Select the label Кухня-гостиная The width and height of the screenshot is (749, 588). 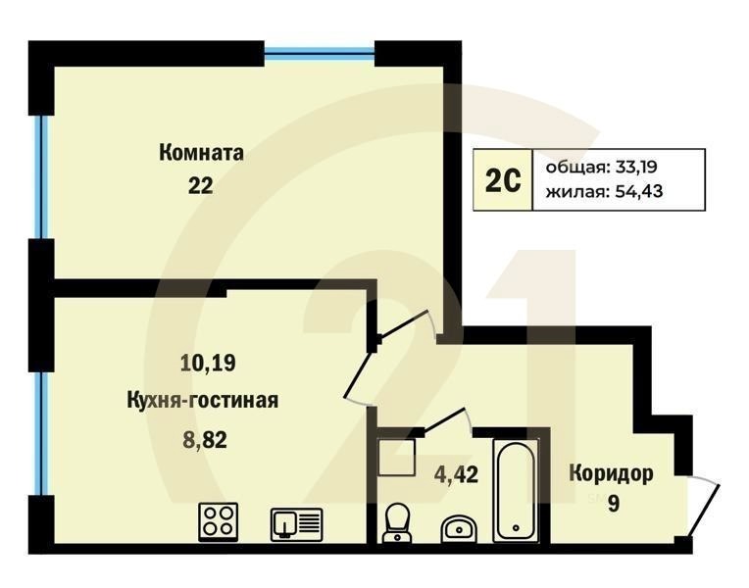(203, 400)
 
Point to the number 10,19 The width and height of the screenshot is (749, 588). (208, 364)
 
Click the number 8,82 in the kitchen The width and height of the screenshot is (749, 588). (205, 440)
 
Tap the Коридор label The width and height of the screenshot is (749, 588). (611, 474)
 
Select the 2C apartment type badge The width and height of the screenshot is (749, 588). (501, 180)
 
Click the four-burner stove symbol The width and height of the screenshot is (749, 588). (218, 521)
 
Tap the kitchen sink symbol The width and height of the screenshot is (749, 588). (296, 523)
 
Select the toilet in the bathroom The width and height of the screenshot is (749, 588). (398, 522)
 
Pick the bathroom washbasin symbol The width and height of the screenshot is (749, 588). (458, 529)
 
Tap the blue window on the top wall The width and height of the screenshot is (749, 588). (320, 51)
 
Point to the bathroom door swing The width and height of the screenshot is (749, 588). (443, 421)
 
